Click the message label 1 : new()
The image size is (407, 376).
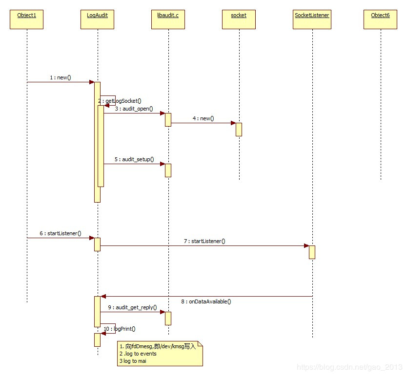[61, 77]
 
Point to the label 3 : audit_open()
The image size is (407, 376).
[134, 109]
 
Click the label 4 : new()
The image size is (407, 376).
[203, 118]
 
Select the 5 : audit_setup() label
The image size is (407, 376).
[134, 159]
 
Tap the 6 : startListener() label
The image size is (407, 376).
[61, 233]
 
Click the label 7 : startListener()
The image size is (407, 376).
[204, 241]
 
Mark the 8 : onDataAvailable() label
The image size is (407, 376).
[205, 301]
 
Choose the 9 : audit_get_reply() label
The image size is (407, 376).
[132, 307]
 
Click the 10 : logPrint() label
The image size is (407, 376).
[120, 329]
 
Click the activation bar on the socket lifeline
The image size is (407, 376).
[239, 129]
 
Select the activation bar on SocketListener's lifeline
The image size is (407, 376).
[312, 252]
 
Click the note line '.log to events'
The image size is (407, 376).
[138, 354]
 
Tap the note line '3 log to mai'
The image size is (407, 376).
[133, 360]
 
